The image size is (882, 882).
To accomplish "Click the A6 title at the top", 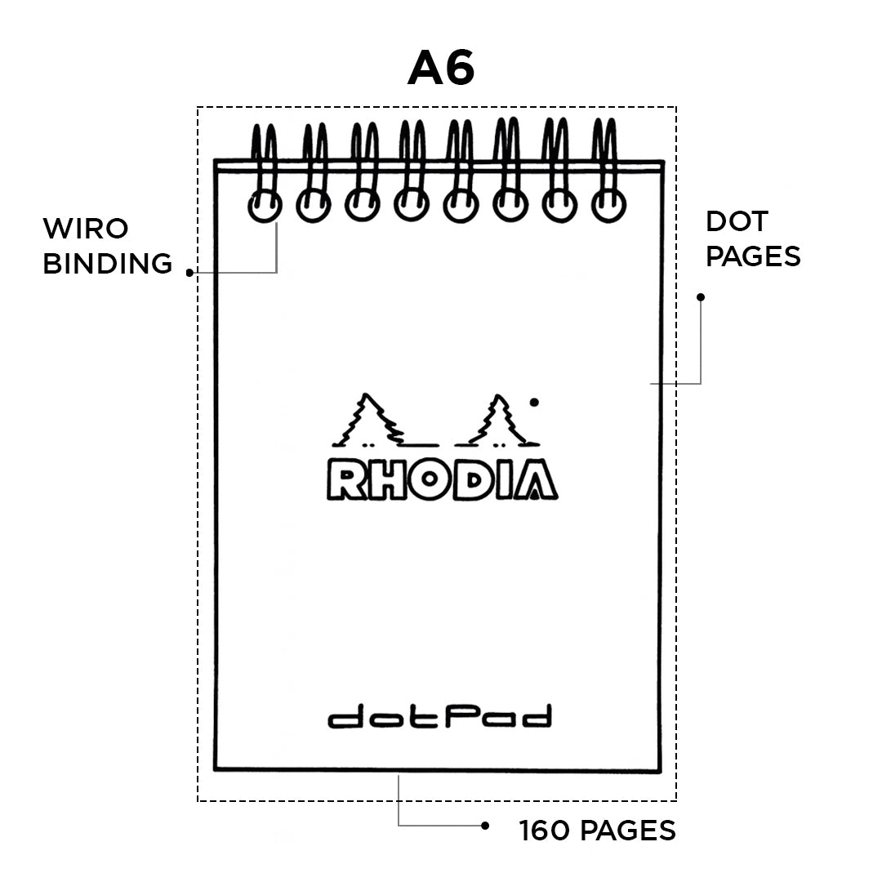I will point(441,69).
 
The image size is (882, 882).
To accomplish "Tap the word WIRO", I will point(86,228).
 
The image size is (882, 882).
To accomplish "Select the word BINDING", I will point(107,264).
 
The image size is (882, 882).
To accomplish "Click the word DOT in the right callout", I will point(737,221).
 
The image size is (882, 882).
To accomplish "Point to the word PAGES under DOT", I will point(753,256).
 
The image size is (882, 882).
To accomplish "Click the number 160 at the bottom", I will point(546,831).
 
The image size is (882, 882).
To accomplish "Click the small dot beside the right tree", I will point(534,402).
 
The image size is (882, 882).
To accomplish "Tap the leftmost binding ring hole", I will point(264,205).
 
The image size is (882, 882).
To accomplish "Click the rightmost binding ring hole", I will point(608,205).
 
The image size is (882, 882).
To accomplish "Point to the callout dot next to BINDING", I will point(189,273).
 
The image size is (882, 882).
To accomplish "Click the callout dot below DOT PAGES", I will point(700,297).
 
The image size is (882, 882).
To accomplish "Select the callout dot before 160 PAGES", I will point(484,826).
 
